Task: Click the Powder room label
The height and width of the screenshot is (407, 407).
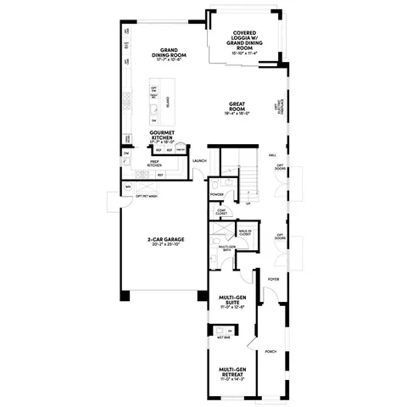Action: pyautogui.click(x=216, y=194)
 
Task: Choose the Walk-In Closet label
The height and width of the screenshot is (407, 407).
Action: pyautogui.click(x=245, y=231)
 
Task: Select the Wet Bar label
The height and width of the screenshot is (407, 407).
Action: pyautogui.click(x=221, y=337)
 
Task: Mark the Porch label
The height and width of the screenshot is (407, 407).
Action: pyautogui.click(x=271, y=350)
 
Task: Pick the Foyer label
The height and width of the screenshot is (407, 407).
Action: pyautogui.click(x=274, y=277)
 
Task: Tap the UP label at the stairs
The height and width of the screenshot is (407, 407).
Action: pyautogui.click(x=248, y=204)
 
